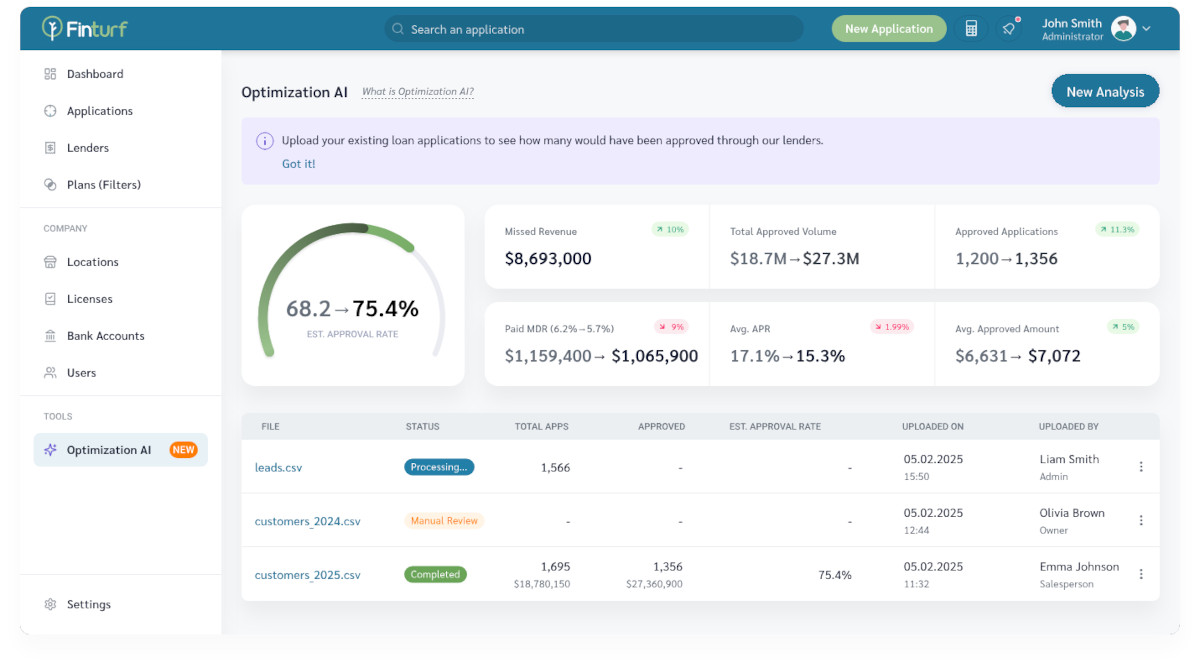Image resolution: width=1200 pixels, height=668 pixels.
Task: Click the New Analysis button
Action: coord(1105,92)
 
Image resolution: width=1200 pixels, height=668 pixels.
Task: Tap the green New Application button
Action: coord(888,29)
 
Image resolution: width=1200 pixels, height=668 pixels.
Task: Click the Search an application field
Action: coord(593,29)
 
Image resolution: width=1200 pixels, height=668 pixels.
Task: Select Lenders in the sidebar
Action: coord(88,148)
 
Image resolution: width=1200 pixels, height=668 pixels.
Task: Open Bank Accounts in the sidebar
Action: coord(105,336)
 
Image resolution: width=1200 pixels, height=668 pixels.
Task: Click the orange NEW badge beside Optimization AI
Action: coord(183,450)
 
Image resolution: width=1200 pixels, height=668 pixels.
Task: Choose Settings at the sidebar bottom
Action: coord(88,604)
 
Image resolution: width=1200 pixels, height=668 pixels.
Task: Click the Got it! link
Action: coord(298,164)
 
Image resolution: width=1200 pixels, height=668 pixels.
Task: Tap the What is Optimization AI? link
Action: coord(417,92)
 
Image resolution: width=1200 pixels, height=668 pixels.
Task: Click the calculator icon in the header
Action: coord(971,29)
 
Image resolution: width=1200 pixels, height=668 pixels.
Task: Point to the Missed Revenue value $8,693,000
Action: coord(548,259)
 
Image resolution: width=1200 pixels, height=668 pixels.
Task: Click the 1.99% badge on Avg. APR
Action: coord(892,327)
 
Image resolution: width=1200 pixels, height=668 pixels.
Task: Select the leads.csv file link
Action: coord(278,467)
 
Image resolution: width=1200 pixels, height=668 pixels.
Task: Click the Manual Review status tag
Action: coord(444,521)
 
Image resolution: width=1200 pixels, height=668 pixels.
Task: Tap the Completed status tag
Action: coord(435,575)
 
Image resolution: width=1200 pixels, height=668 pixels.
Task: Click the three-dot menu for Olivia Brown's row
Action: coord(1141,520)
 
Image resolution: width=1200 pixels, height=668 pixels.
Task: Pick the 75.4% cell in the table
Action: coord(834,575)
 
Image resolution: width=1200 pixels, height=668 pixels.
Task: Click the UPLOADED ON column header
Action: coord(932,427)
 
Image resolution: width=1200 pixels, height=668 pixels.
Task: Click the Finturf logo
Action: coord(85,28)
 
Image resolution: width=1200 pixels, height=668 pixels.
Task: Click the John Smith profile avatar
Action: coord(1123,29)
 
